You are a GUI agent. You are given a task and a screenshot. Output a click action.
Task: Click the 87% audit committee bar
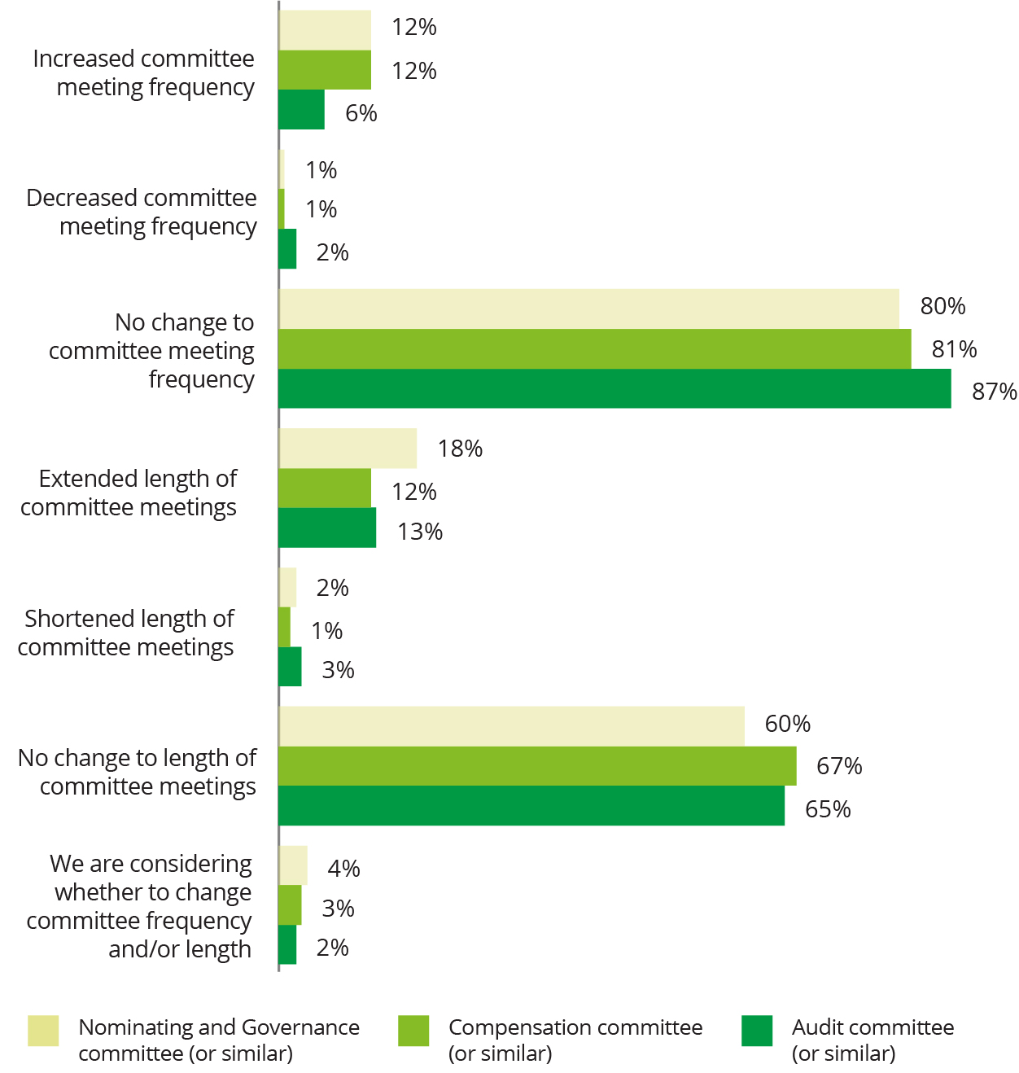click(x=614, y=388)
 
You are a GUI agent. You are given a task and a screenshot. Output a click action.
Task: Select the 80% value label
click(x=942, y=306)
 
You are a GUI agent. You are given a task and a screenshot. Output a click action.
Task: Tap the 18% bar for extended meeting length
click(x=348, y=449)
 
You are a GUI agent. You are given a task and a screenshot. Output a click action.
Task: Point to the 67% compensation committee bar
click(x=537, y=766)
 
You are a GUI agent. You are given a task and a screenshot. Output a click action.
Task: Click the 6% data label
click(x=361, y=113)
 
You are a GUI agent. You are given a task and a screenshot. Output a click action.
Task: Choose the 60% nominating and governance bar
click(x=511, y=726)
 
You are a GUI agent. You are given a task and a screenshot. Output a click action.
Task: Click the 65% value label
click(x=828, y=809)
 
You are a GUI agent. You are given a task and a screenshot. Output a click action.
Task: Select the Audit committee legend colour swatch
click(x=757, y=1031)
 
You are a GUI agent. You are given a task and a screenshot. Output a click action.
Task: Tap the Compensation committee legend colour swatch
click(x=413, y=1031)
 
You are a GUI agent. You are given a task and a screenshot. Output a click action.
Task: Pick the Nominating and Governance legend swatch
click(x=43, y=1031)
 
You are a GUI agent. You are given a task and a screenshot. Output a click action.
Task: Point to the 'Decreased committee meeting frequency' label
click(x=142, y=212)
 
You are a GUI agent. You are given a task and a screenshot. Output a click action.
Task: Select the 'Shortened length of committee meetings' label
click(x=127, y=633)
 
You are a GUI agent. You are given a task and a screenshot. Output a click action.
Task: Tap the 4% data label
click(x=343, y=869)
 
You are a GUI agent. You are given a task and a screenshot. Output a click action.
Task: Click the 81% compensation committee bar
click(x=594, y=349)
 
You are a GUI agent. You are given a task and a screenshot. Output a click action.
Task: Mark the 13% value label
click(x=420, y=532)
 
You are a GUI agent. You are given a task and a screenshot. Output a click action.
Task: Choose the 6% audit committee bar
click(x=301, y=110)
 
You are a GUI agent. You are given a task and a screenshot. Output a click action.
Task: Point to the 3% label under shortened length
click(x=338, y=670)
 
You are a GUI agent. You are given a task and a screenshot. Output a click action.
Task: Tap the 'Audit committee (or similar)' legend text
click(x=872, y=1040)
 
